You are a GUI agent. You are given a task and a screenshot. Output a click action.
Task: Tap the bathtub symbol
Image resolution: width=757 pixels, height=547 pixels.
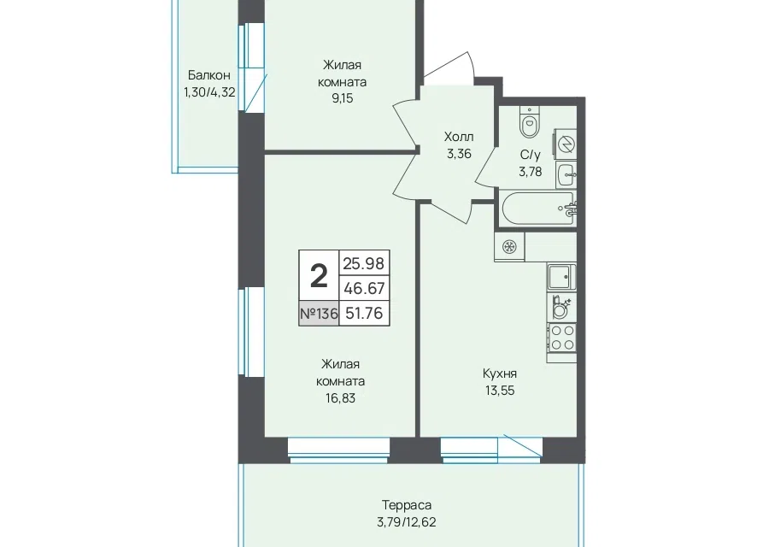537,208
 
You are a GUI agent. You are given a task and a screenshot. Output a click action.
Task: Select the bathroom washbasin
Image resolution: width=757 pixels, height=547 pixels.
566,174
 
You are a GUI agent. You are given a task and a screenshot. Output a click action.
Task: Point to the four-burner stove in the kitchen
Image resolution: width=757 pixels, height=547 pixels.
562,338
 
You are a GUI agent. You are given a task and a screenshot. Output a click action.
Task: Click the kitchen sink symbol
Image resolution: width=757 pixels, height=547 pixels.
562,277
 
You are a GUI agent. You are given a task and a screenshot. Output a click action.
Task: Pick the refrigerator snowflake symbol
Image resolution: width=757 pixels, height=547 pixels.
509,247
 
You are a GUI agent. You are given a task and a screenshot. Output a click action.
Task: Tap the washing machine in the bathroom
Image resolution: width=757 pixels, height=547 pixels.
566,144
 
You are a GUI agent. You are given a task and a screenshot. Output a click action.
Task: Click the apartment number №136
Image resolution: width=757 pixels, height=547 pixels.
319,314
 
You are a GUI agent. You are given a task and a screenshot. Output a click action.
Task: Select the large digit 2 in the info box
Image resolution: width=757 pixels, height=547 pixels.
319,277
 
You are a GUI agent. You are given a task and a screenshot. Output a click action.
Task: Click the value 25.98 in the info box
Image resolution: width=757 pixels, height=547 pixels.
363,263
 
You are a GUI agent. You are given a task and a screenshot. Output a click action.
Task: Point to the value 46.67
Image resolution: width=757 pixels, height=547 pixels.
364,288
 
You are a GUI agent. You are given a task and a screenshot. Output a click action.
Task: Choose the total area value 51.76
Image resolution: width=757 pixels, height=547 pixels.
365,314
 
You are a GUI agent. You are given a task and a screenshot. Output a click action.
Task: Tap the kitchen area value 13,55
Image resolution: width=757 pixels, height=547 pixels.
500,391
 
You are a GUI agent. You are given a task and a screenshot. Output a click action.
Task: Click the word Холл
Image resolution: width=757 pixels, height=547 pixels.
459,137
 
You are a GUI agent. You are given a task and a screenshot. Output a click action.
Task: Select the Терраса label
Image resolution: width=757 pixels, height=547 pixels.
407,505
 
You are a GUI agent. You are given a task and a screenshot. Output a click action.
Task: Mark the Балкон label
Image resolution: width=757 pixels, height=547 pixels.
209,75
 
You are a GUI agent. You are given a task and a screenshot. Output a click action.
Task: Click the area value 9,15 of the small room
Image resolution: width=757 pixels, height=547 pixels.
343,98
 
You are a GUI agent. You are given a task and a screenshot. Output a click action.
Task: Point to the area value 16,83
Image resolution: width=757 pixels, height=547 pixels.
340,398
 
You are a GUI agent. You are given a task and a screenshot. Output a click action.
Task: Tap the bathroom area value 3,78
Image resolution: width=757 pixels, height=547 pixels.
530,172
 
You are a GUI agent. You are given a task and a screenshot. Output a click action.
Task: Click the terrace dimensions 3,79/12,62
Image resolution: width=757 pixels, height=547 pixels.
407,522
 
